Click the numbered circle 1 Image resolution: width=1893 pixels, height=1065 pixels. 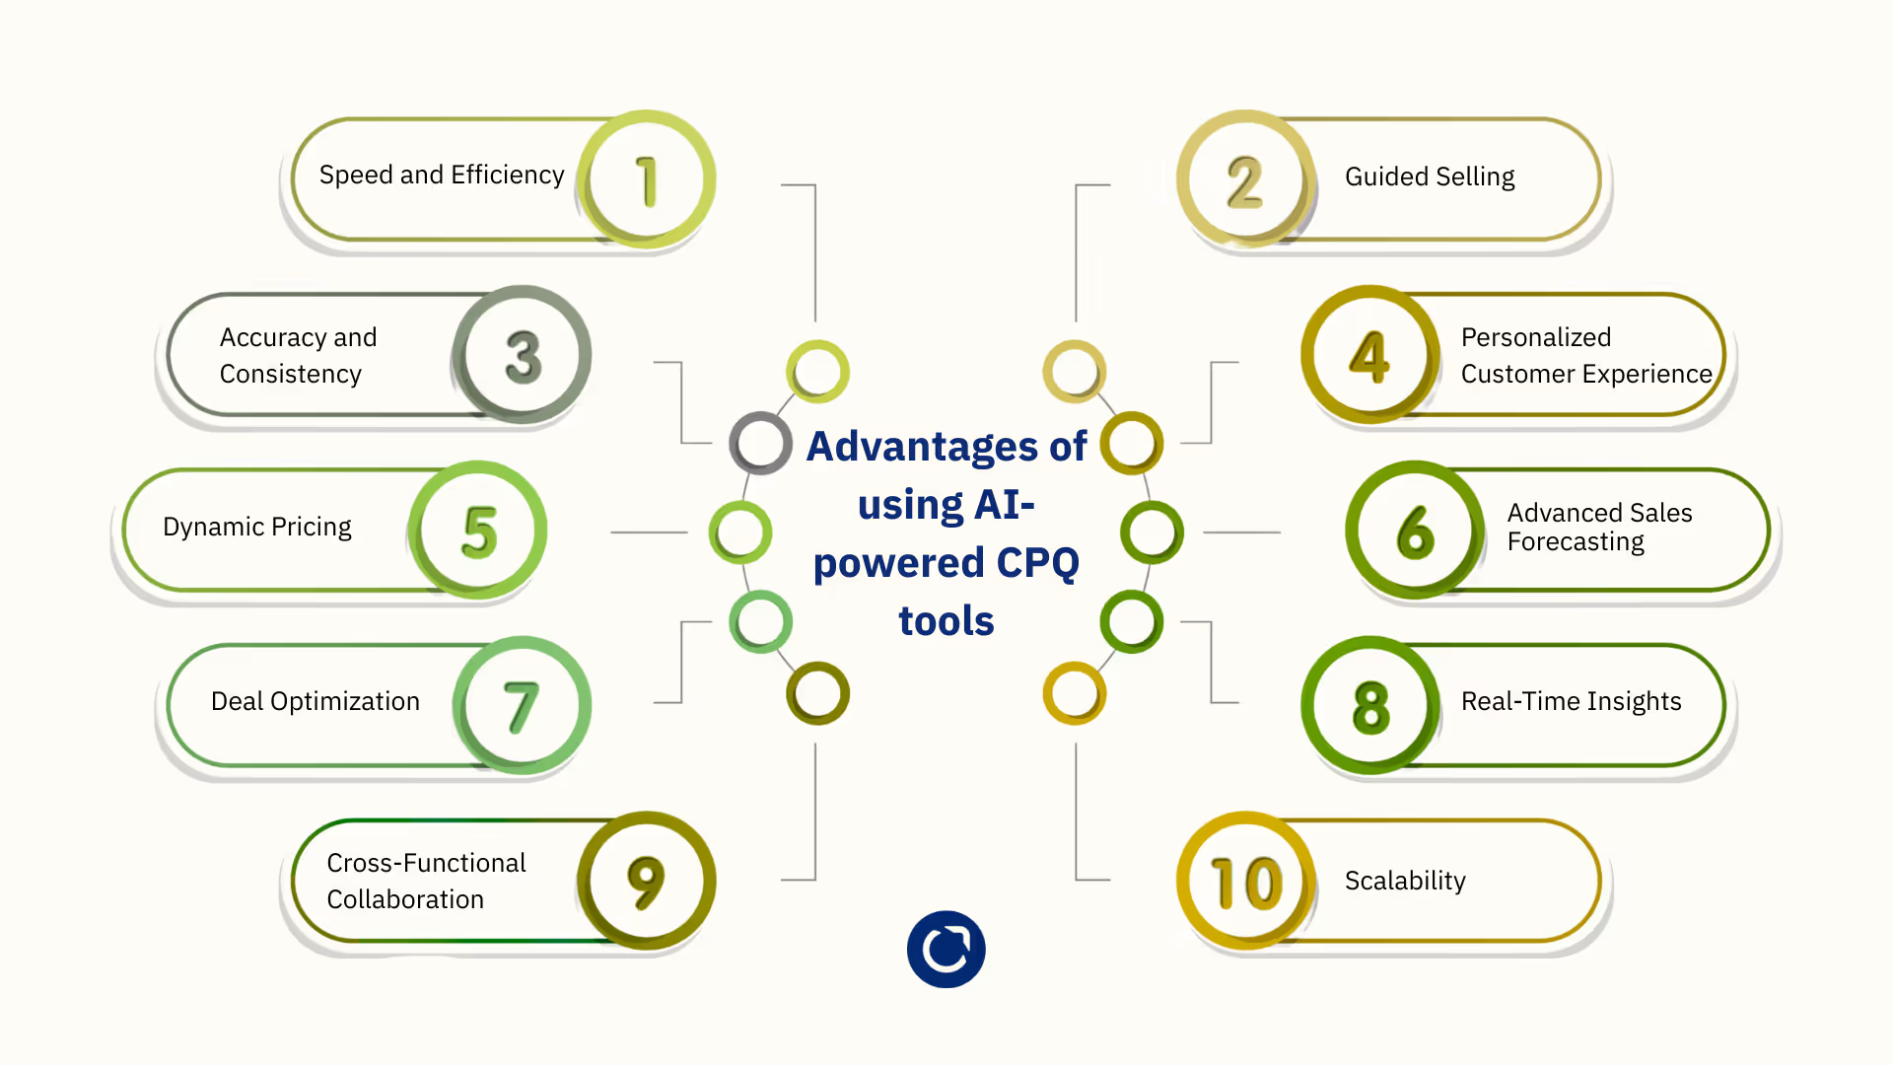tap(646, 179)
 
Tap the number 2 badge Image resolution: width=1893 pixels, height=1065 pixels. tap(1245, 179)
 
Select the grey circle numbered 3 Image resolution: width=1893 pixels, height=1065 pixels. tap(523, 355)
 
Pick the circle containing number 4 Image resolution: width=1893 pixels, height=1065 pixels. tap(1369, 355)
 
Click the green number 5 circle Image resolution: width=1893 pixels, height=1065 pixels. tap(479, 531)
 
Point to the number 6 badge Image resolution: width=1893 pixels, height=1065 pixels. tap(1415, 531)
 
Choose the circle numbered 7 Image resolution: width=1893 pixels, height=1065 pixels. tap(522, 706)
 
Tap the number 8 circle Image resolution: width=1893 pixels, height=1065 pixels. tap(1370, 706)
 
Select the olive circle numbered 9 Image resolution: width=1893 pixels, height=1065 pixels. tap(646, 881)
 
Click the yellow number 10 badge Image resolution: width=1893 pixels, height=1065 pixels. tap(1246, 881)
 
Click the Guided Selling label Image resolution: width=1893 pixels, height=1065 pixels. tap(1430, 177)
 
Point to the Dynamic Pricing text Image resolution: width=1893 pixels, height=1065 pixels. tap(256, 527)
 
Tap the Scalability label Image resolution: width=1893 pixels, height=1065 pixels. tap(1405, 881)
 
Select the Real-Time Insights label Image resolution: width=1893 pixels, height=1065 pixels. tap(1571, 701)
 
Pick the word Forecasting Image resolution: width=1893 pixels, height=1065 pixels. tap(1576, 542)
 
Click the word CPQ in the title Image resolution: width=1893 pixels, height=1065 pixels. tap(1037, 563)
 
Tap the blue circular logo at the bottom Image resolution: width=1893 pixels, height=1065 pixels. tap(946, 949)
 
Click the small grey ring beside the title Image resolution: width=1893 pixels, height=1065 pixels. tap(760, 443)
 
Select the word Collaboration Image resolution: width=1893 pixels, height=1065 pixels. tap(405, 899)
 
